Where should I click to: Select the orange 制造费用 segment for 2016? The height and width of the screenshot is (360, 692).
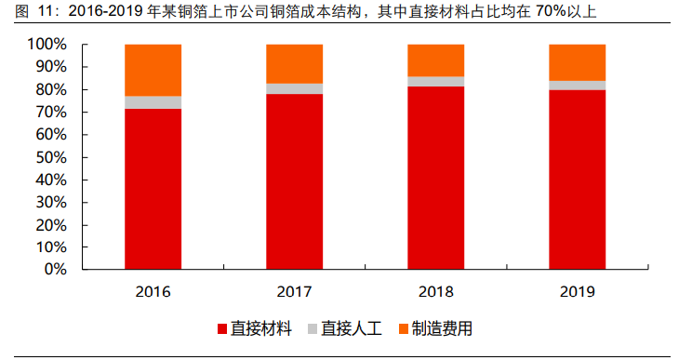(x=153, y=70)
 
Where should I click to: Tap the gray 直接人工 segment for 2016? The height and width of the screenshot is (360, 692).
(x=153, y=102)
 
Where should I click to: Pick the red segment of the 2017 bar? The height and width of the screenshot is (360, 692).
(x=295, y=181)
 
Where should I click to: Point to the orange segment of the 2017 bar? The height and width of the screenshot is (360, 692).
(x=295, y=63)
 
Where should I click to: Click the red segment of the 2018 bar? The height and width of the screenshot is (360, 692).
(x=436, y=178)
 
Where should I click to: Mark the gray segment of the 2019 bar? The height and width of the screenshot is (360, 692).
(x=578, y=86)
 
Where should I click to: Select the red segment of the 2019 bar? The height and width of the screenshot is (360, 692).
(x=578, y=180)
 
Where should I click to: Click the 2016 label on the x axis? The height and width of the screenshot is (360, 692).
(x=153, y=291)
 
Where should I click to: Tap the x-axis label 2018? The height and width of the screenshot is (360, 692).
(x=436, y=291)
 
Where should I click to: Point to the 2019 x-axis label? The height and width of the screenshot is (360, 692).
(x=578, y=291)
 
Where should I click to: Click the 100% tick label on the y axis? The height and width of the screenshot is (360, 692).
(x=47, y=45)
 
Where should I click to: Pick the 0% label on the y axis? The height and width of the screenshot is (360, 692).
(x=55, y=270)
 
